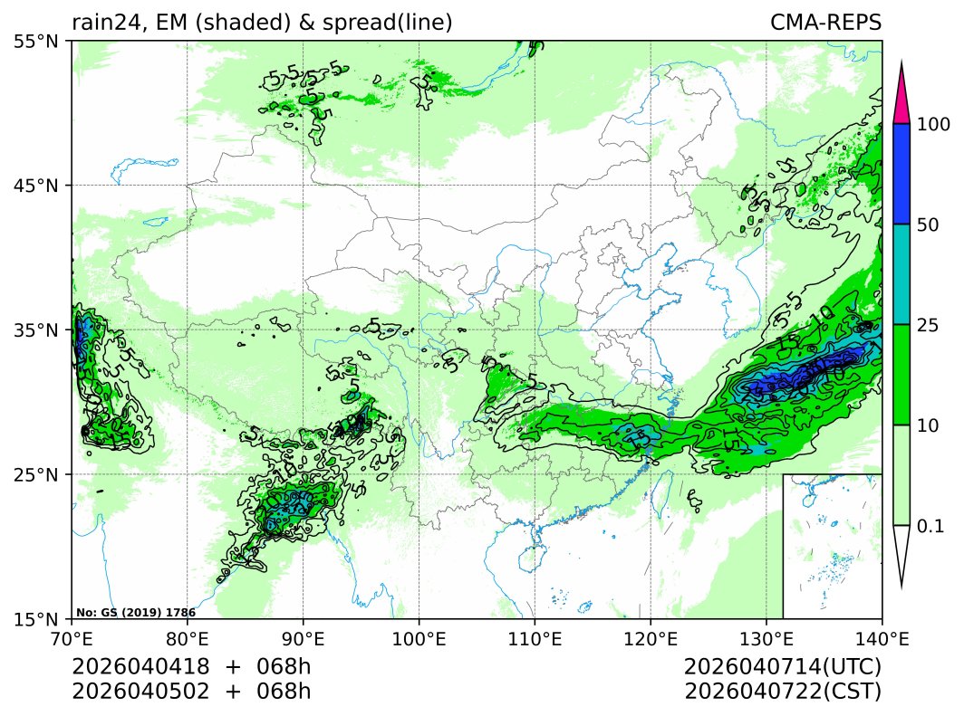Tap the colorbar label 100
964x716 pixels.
pyautogui.click(x=933, y=124)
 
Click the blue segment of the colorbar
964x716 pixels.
pyautogui.click(x=901, y=174)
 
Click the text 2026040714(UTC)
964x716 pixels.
pyautogui.click(x=783, y=667)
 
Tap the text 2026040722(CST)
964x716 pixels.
pyautogui.click(x=783, y=692)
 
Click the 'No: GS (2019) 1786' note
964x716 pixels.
pyautogui.click(x=136, y=613)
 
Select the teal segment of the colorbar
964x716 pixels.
pyautogui.click(x=901, y=274)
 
